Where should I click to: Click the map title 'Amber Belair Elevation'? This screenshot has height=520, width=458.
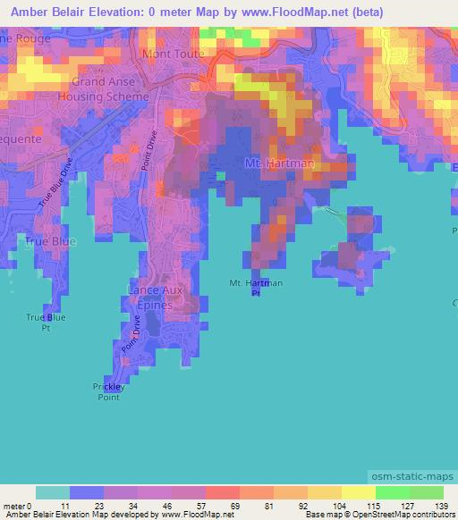tap(84, 12)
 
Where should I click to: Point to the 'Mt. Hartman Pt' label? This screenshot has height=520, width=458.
tap(257, 288)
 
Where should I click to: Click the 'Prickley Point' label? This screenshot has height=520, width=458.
tap(112, 390)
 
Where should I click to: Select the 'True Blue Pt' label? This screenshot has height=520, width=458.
tap(41, 322)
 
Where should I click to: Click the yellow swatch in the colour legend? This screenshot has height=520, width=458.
tap(359, 492)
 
